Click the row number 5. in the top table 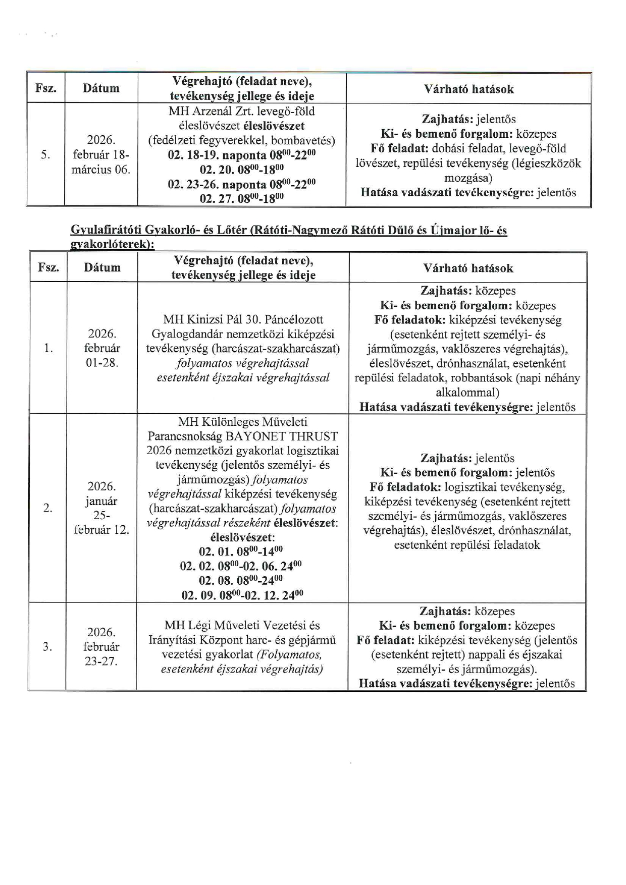point(45,155)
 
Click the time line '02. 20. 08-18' point(242,169)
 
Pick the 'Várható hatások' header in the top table point(468,89)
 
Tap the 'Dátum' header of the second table point(102,267)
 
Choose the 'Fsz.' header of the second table point(48,267)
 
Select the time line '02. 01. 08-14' point(241,551)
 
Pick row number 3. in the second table point(47,647)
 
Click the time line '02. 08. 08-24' point(241,580)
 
